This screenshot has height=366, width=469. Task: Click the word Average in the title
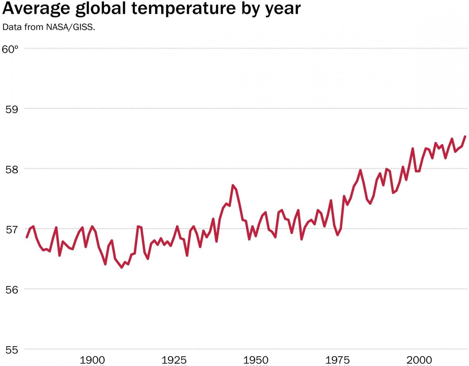36,9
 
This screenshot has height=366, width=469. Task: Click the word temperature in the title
183,8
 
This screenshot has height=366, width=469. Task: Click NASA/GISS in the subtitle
70,27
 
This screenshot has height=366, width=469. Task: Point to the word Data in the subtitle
12,27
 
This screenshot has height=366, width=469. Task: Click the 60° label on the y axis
10,49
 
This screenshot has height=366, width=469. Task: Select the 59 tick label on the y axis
12,109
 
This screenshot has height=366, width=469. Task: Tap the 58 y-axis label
12,170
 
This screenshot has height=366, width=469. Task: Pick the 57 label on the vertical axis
12,230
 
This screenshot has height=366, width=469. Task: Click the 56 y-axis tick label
12,290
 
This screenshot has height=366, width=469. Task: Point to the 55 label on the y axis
12,350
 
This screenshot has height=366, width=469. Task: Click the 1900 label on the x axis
92,360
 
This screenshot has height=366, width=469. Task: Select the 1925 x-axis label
174,360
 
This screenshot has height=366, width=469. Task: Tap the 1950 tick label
256,360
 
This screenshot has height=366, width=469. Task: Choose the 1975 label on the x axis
338,360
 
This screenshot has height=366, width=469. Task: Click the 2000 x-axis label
419,360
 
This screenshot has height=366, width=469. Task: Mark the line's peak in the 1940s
233,186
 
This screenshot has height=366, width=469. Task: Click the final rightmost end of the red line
465,136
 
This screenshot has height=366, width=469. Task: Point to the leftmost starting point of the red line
27,237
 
